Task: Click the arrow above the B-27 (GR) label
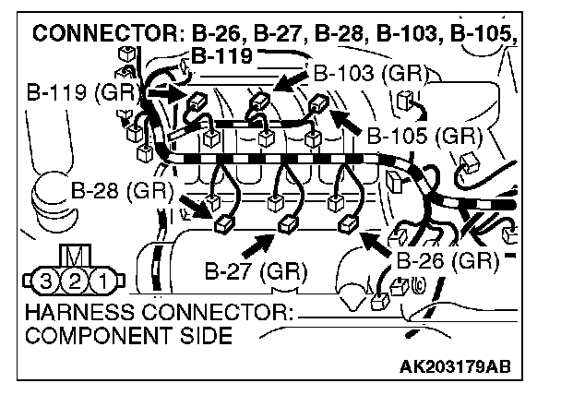261,243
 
